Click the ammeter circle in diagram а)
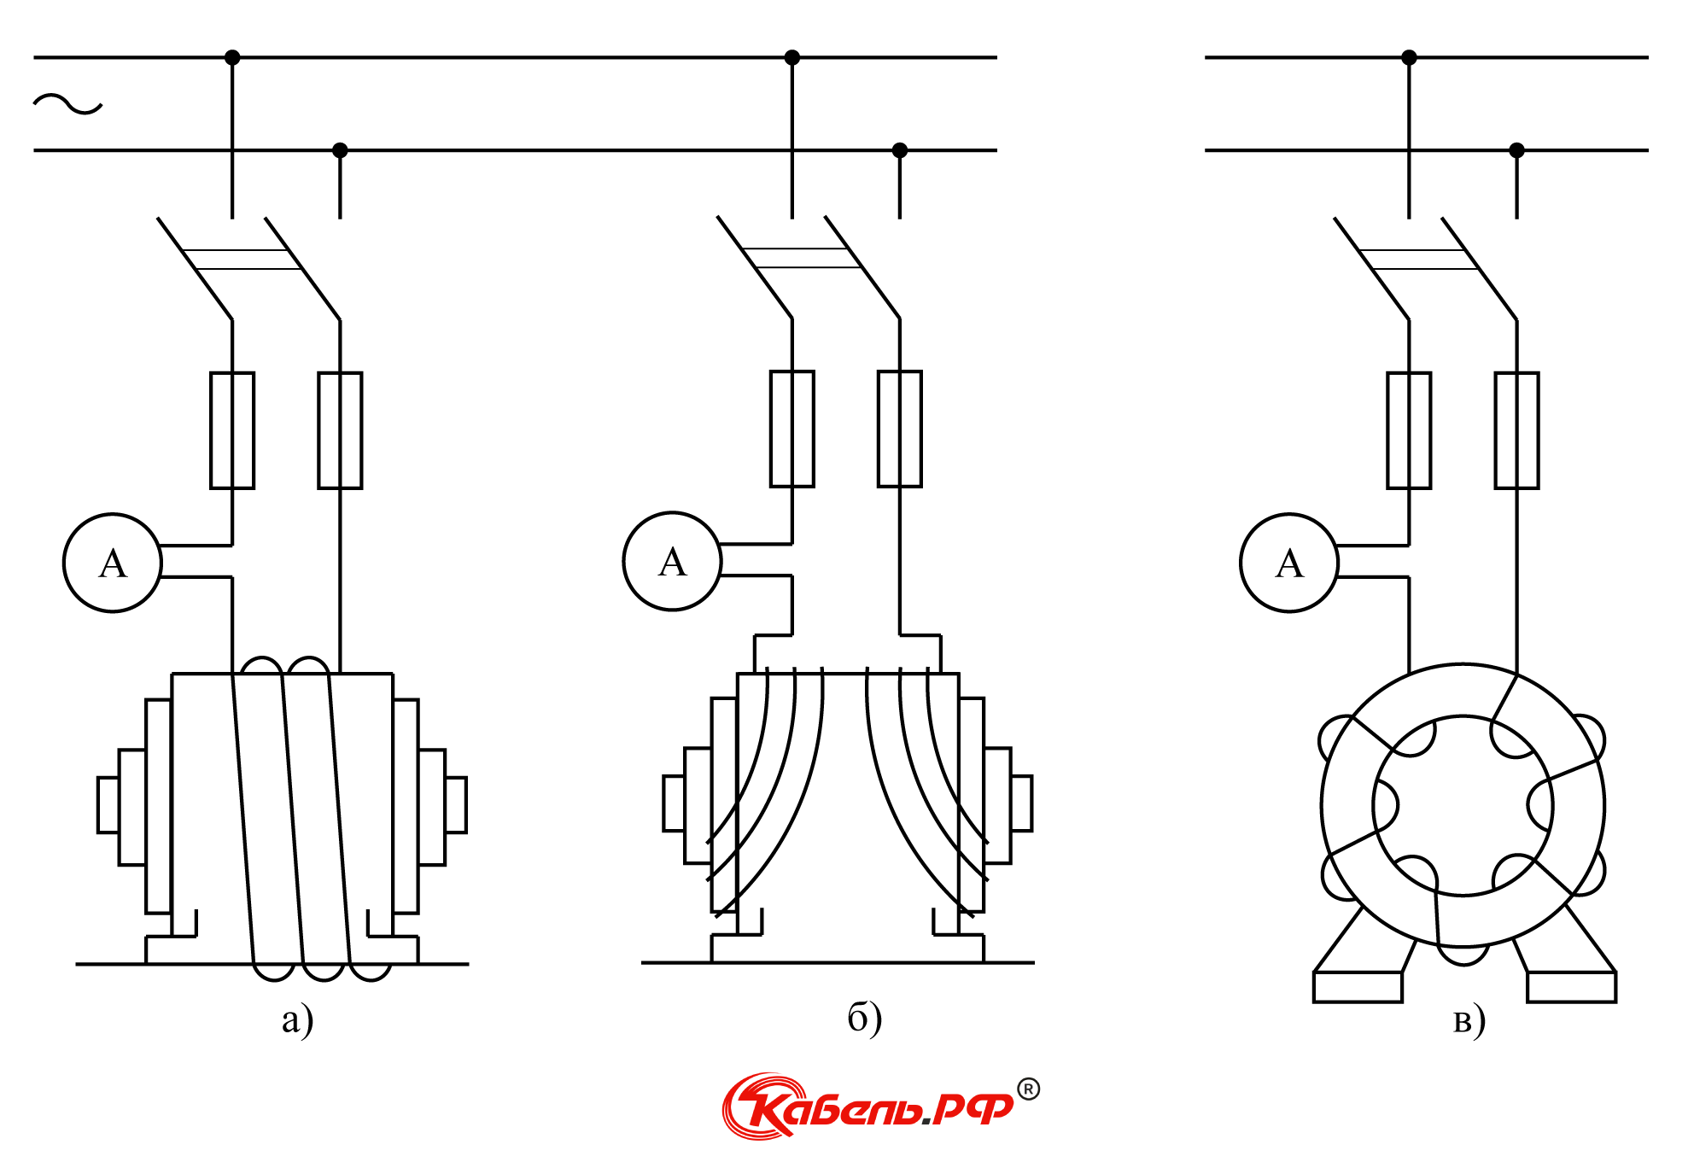pos(64,563)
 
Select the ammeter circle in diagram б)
pos(624,561)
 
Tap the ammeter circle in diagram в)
pos(1241,563)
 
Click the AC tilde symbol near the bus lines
pos(67,104)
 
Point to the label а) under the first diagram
pos(298,1019)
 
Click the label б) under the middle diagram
pos(864,1018)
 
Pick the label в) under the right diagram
pos(1469,1020)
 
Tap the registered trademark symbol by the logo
pos(1029,1089)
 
